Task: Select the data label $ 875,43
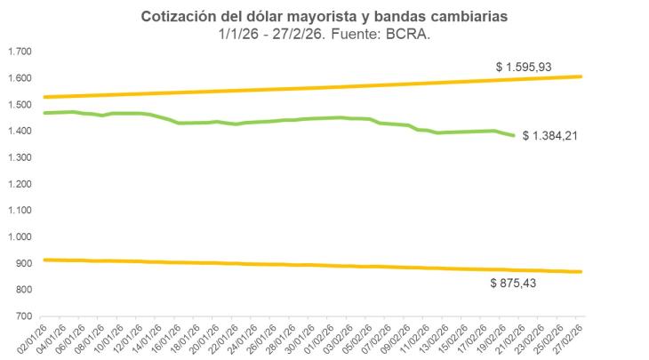click(518, 283)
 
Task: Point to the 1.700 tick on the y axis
click(20, 52)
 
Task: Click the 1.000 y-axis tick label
click(20, 237)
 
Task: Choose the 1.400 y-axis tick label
click(20, 131)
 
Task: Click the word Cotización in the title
click(176, 17)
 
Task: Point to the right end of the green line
click(513, 135)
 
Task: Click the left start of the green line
click(44, 113)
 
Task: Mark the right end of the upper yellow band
click(581, 76)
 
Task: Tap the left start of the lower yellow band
click(44, 260)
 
